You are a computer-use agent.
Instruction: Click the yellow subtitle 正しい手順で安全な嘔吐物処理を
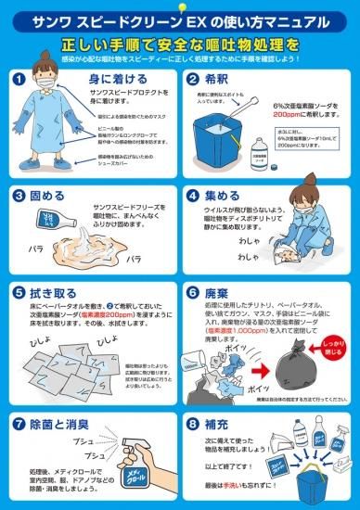point(180,44)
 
